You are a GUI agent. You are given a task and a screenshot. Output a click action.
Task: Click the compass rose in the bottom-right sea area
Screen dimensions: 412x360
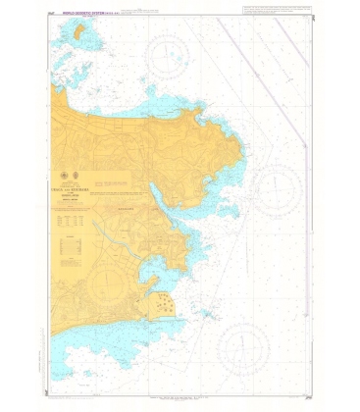pos(242,347)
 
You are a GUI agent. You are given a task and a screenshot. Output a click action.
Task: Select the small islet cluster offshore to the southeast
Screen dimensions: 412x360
pos(205,315)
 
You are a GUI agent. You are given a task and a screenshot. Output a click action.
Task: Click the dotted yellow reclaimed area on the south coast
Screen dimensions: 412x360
pos(161,307)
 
